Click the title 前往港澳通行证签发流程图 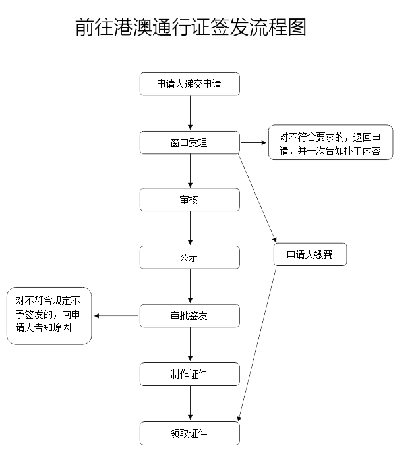pos(191,28)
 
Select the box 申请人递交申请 pos(189,84)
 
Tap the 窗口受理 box pos(189,142)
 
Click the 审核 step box pos(189,200)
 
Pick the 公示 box pos(189,258)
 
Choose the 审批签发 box pos(189,315)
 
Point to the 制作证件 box pos(189,374)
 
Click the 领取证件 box pos(189,433)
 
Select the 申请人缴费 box pos(310,255)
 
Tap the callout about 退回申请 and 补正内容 pos(330,143)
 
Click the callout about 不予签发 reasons pos(49,316)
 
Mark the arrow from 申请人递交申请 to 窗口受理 pos(190,113)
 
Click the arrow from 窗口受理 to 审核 pos(190,171)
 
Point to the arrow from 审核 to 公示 pos(190,229)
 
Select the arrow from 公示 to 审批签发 pos(190,286)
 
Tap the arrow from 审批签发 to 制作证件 pos(190,344)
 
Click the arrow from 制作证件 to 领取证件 pos(190,403)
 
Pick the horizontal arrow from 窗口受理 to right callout pos(253,142)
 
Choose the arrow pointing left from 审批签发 pos(117,316)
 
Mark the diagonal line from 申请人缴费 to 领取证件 pos(258,342)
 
